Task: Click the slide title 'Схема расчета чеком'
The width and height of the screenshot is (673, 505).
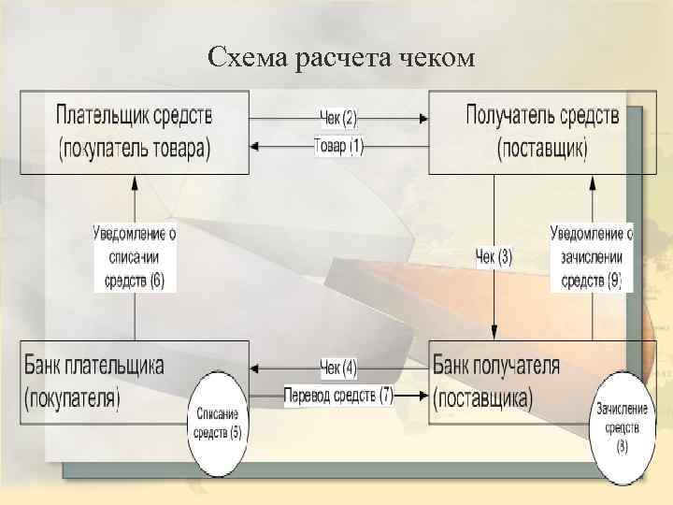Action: (342, 59)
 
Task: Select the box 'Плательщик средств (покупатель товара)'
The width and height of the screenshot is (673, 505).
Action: (136, 132)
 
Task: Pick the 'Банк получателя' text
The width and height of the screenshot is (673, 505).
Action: (497, 365)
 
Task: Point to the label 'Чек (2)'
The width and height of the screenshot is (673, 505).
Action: (338, 119)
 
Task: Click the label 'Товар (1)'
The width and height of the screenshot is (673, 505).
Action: (339, 146)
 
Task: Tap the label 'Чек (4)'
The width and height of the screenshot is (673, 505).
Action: (337, 367)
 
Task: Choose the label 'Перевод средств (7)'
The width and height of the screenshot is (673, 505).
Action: (338, 396)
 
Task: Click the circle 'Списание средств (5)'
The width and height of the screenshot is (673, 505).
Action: (217, 424)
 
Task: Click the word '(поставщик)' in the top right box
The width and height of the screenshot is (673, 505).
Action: (542, 148)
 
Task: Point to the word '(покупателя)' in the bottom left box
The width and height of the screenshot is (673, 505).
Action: (73, 397)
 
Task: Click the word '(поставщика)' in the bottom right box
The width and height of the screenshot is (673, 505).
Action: (482, 397)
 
